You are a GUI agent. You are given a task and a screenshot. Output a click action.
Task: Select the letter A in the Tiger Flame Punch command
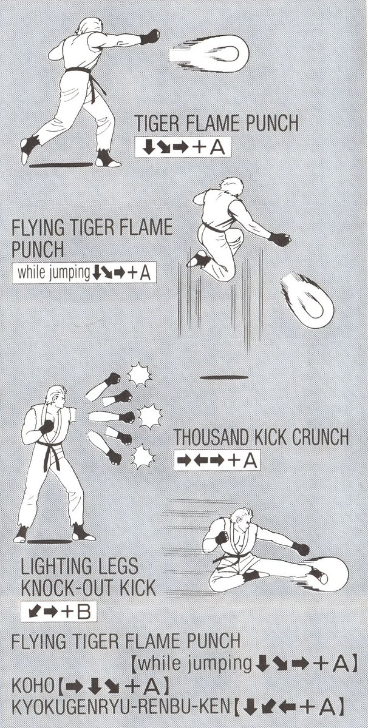[217, 147]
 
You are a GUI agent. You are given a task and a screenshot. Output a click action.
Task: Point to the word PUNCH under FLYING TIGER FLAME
[38, 249]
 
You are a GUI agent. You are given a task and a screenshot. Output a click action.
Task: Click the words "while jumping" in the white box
[53, 272]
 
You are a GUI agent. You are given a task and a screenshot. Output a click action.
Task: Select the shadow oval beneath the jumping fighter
[224, 377]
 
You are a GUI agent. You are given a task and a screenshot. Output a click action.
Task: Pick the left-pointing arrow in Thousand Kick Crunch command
[203, 460]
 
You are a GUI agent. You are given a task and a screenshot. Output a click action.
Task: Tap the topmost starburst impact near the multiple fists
[139, 374]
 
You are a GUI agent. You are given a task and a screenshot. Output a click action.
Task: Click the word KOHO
[33, 686]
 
